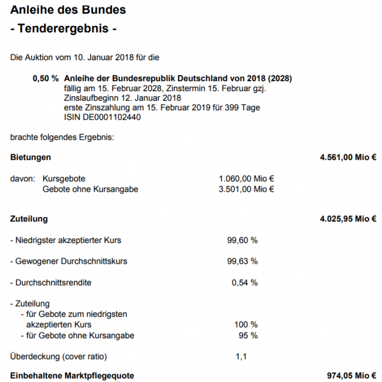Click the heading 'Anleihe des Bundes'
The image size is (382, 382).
click(x=68, y=10)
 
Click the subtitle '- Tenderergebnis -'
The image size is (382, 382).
click(x=64, y=29)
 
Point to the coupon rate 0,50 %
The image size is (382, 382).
click(x=45, y=79)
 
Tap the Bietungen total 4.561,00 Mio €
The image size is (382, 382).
click(x=348, y=157)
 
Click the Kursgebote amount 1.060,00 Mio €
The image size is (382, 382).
click(x=247, y=179)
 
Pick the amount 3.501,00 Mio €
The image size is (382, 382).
click(x=247, y=189)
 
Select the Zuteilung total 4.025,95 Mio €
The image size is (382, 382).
click(x=348, y=219)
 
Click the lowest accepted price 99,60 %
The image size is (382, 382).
click(x=242, y=240)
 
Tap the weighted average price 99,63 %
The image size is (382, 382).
click(x=242, y=261)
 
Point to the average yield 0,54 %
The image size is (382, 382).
click(x=244, y=283)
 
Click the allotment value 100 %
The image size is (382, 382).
click(x=246, y=324)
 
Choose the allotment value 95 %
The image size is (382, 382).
click(x=248, y=335)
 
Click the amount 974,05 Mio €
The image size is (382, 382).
click(x=351, y=376)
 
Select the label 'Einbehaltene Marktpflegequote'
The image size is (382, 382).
click(x=72, y=376)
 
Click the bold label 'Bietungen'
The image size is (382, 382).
click(x=31, y=157)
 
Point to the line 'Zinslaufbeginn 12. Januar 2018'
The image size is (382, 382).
click(x=123, y=98)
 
